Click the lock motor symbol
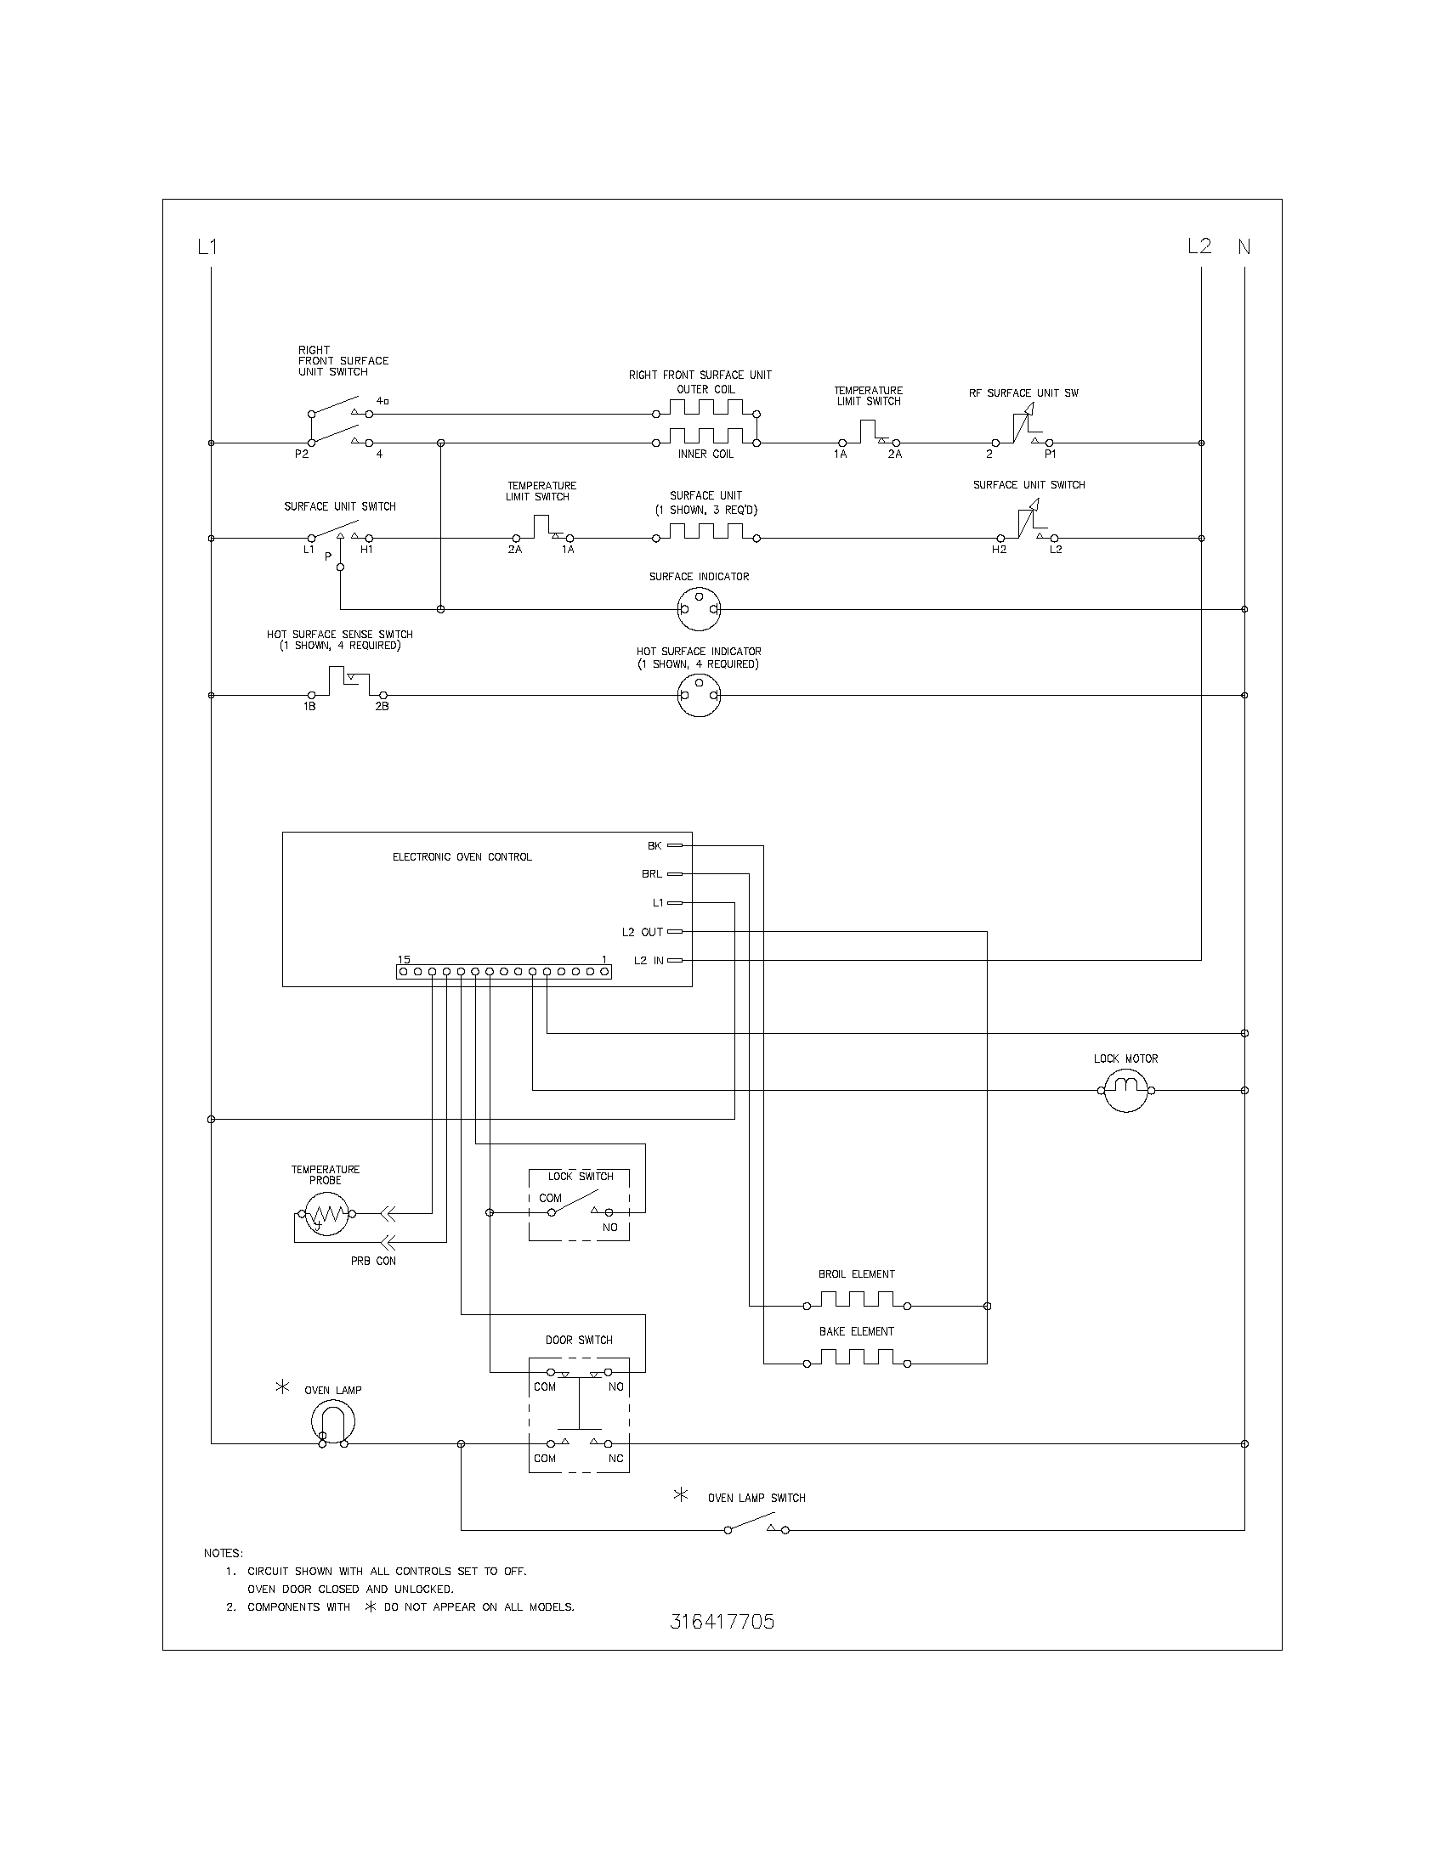click(1125, 1090)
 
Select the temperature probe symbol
click(326, 1213)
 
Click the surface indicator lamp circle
click(699, 610)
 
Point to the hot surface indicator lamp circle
click(699, 695)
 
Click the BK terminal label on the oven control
click(654, 846)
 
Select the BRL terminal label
click(651, 874)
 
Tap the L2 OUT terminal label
click(642, 932)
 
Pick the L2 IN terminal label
click(648, 961)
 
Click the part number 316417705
click(722, 1622)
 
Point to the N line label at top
click(1244, 247)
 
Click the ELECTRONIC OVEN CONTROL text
click(462, 856)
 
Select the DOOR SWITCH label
click(579, 1340)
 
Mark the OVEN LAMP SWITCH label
click(756, 1499)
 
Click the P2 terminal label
click(302, 455)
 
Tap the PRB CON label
click(373, 1261)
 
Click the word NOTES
click(223, 1553)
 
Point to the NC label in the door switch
click(615, 1459)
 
